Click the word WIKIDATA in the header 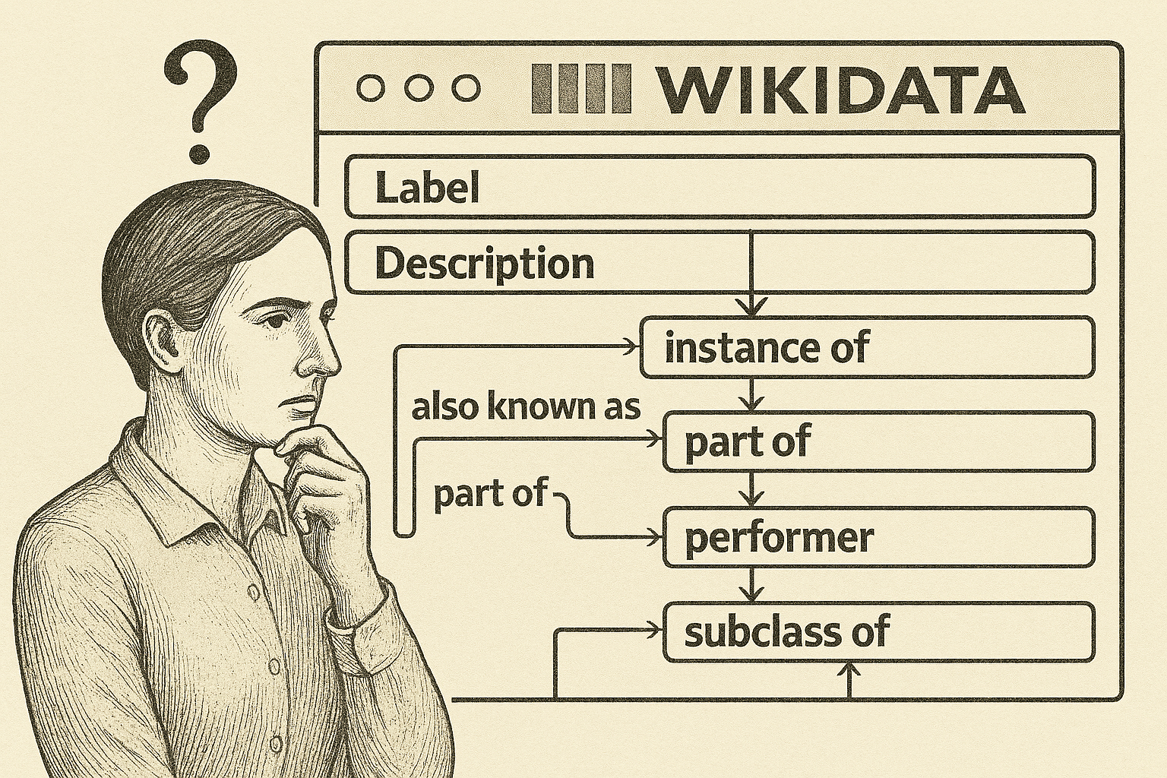click(840, 89)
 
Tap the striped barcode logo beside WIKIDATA click(582, 89)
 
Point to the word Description click(484, 264)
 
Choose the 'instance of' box click(867, 348)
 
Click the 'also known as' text click(526, 407)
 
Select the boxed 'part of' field click(878, 442)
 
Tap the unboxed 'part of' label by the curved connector click(489, 495)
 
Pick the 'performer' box click(878, 538)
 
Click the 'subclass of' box click(878, 632)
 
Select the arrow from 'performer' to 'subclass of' click(751, 586)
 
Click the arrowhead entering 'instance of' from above click(751, 308)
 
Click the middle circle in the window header click(419, 88)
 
